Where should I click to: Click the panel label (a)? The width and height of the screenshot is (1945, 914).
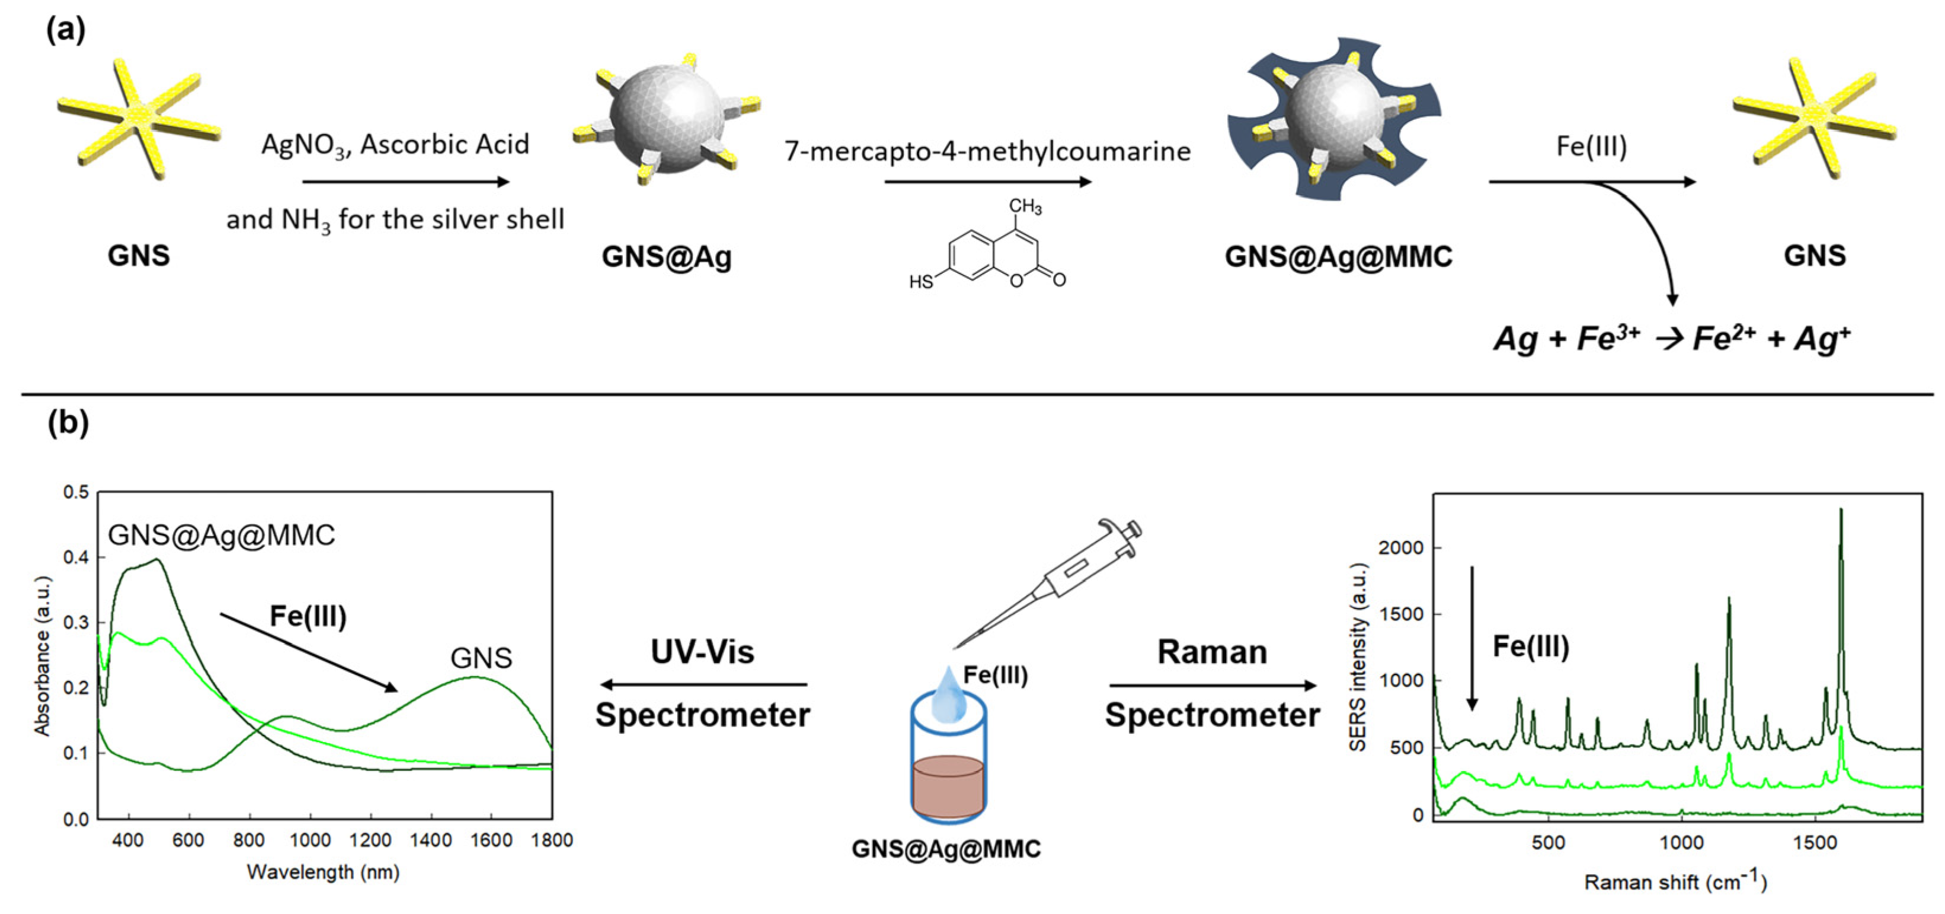[x=66, y=30]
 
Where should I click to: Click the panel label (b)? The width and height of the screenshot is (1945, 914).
[x=68, y=422]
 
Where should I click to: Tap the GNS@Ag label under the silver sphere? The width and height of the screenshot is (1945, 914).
[x=666, y=257]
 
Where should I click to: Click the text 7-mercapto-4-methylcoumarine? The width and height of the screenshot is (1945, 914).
[x=987, y=151]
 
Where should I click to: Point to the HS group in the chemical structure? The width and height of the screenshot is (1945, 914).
[x=921, y=282]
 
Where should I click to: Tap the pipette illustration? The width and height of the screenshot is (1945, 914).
[x=1057, y=582]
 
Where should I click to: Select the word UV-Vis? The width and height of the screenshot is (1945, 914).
[x=702, y=651]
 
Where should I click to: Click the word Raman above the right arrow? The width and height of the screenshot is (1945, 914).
[x=1212, y=652]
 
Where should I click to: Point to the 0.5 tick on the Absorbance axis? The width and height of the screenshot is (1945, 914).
[x=75, y=492]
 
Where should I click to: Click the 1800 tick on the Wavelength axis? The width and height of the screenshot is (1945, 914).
[x=552, y=840]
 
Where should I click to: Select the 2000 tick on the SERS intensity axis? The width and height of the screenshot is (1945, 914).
[x=1402, y=547]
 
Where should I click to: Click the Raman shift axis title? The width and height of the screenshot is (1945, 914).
[x=1675, y=881]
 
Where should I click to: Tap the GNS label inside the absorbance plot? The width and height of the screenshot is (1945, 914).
[x=481, y=658]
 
